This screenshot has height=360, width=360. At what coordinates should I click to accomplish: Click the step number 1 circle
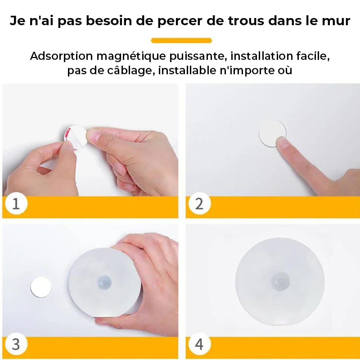16,203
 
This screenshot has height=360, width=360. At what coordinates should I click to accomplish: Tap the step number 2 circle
199,203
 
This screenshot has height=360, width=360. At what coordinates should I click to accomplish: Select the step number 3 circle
16,344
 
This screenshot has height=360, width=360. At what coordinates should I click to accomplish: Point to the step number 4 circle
199,344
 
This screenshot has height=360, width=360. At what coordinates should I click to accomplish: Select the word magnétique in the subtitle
131,57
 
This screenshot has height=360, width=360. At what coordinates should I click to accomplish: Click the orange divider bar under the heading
181,40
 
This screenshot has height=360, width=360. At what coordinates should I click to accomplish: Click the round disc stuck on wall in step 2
272,133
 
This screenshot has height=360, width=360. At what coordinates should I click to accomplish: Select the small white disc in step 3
41,287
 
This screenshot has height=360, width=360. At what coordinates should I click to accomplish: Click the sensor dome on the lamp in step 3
104,282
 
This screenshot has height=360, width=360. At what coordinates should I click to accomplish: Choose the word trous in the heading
246,21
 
